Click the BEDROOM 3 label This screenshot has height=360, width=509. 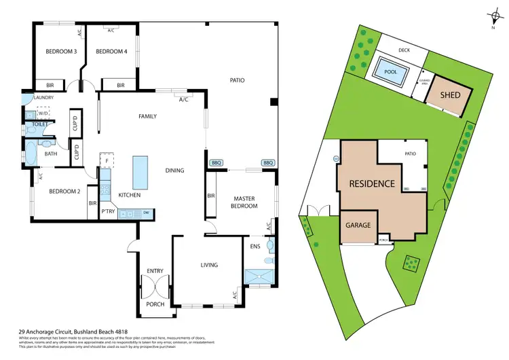pos(61,52)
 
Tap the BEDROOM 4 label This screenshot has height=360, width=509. pos(111,52)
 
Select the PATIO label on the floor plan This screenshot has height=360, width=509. pos(236,80)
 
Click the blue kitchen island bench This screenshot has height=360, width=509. pos(140,172)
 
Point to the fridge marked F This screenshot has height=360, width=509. pos(107,161)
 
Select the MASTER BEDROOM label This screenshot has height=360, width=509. pos(244,202)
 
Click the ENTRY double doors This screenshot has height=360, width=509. pos(155,286)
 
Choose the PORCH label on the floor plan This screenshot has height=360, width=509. pos(155,304)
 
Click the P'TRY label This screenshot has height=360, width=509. pos(107,212)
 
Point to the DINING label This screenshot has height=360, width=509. pos(174,170)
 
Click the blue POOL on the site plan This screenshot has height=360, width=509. pos(390,71)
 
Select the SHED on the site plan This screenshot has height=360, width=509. pos(448,96)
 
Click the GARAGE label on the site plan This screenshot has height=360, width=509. pos(358,225)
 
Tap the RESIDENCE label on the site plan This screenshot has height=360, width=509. pos(372,183)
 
